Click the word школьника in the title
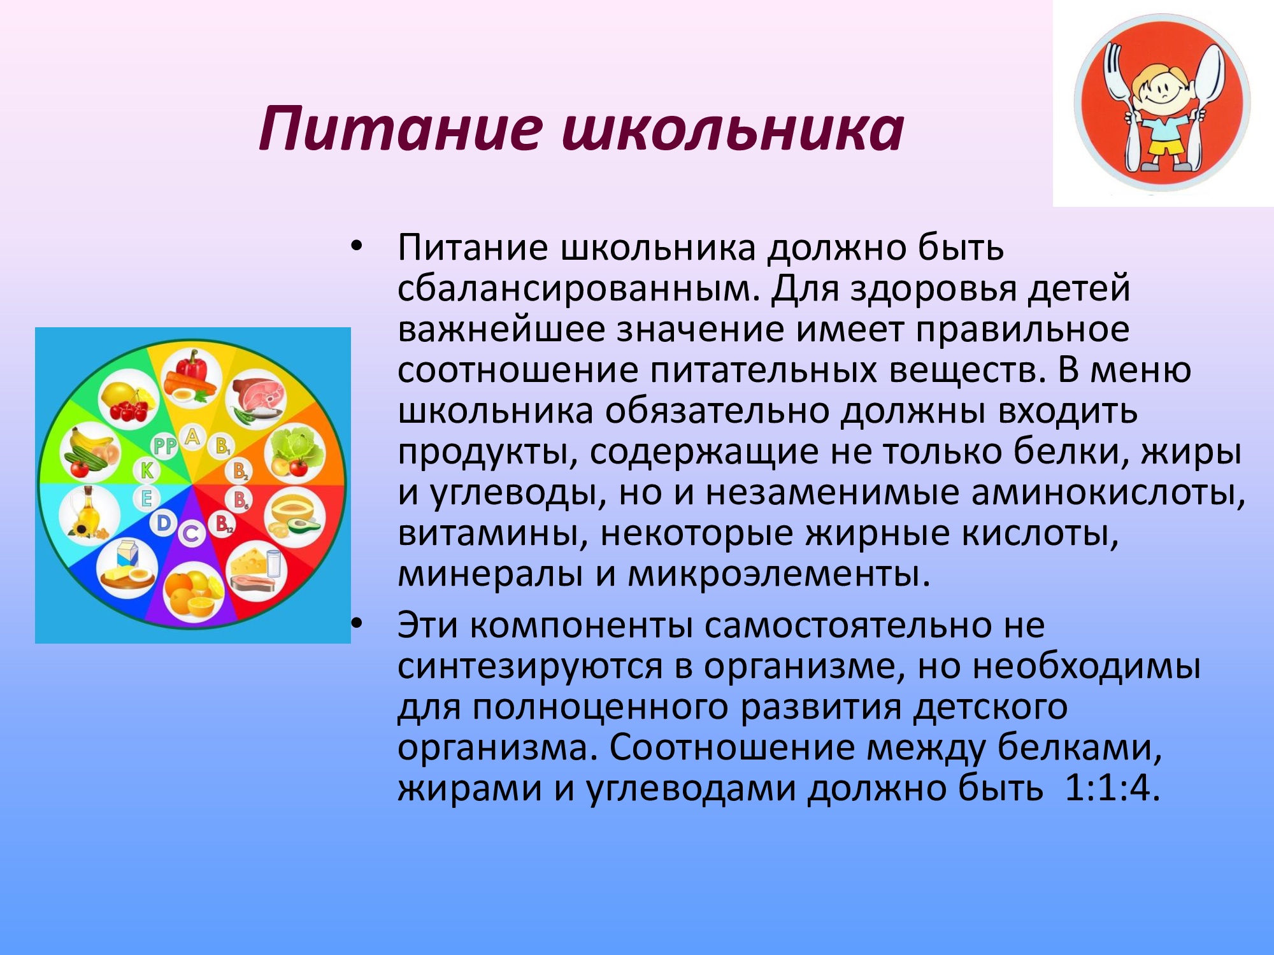733,129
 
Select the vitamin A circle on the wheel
192,437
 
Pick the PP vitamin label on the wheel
165,446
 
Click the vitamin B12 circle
222,524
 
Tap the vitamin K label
147,470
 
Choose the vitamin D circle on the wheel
163,523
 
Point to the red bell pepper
192,366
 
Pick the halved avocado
299,525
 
